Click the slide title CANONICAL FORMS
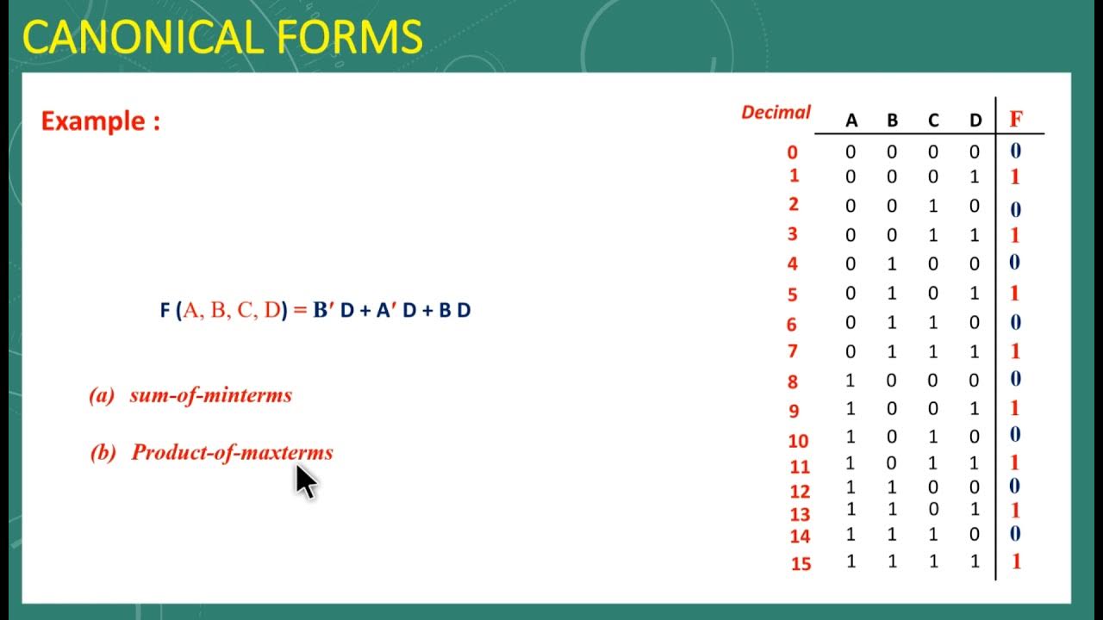click(222, 38)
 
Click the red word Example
click(100, 121)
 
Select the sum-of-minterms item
click(210, 395)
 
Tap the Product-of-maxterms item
click(232, 453)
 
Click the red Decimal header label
click(776, 112)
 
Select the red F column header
click(1016, 120)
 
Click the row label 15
click(801, 565)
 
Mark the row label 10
click(798, 441)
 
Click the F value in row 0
click(1015, 152)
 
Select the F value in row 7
click(1015, 351)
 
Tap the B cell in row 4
click(892, 263)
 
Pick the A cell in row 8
click(851, 380)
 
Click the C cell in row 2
click(933, 207)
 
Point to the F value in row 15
click(1016, 561)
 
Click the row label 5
click(793, 294)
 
